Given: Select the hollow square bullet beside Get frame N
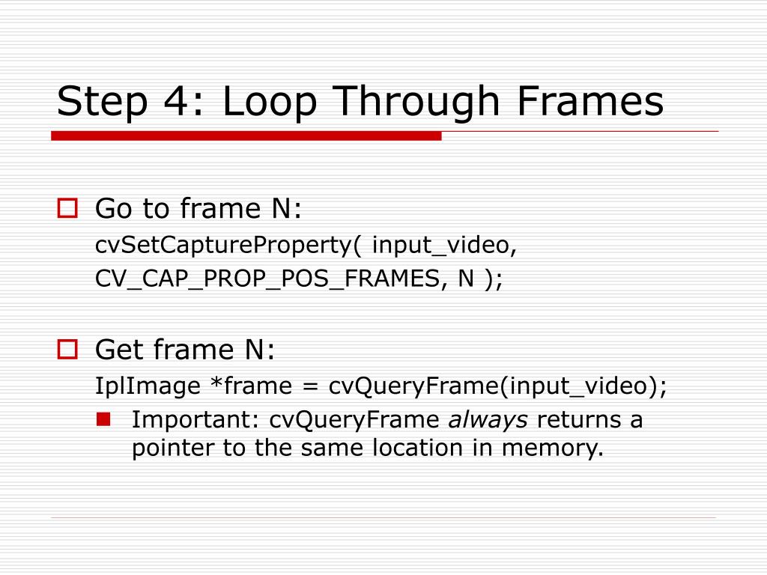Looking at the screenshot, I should click(68, 348).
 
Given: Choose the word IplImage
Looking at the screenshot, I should click(148, 386).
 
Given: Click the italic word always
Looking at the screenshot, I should click(488, 420).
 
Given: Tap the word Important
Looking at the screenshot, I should click(194, 420).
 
